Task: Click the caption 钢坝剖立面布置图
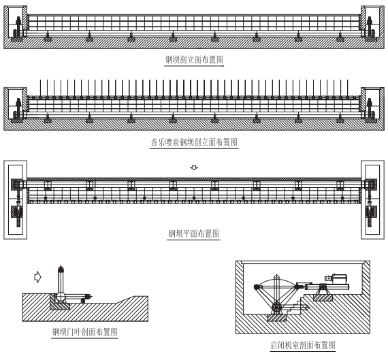click(194, 60)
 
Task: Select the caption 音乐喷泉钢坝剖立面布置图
click(194, 142)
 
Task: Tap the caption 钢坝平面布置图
click(194, 233)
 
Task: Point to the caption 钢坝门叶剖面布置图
click(85, 332)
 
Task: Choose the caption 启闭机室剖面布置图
click(303, 345)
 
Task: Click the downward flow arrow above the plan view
click(194, 168)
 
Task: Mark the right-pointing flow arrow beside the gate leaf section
click(37, 277)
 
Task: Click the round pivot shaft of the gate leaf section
click(61, 297)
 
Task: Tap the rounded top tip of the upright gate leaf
click(61, 267)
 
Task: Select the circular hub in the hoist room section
click(276, 308)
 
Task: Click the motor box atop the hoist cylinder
click(339, 279)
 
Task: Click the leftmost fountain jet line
click(40, 88)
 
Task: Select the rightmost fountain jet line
click(348, 88)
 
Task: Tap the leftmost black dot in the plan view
click(46, 198)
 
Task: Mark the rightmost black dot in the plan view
click(342, 198)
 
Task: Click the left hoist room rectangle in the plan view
click(16, 200)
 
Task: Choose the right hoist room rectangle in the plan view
click(372, 200)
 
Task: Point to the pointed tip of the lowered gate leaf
click(92, 296)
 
